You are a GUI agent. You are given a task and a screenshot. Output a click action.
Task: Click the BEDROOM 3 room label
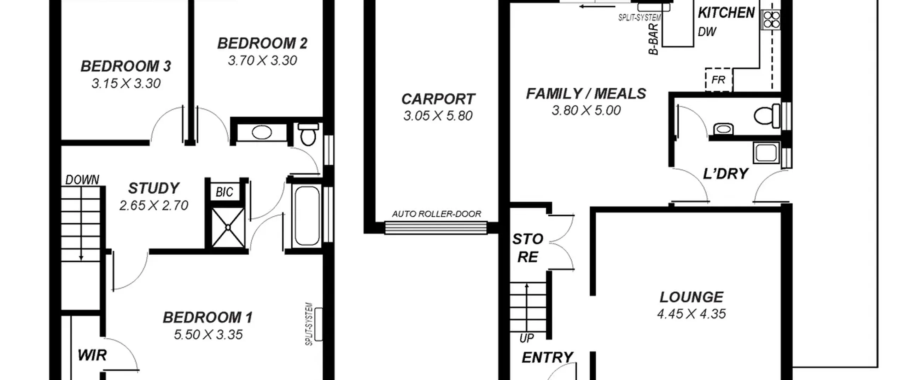(x=126, y=66)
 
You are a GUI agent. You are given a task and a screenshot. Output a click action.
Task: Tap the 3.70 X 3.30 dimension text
(x=262, y=60)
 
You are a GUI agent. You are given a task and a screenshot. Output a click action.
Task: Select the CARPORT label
(x=438, y=99)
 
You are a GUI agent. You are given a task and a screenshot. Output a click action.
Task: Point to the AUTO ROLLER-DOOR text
(x=437, y=214)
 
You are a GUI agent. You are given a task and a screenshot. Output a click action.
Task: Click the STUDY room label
(x=154, y=188)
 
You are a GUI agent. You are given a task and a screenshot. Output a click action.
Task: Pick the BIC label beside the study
(x=224, y=192)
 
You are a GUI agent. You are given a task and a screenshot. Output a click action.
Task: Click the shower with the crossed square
(x=228, y=227)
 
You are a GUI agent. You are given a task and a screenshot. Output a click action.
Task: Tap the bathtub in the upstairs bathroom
(x=307, y=216)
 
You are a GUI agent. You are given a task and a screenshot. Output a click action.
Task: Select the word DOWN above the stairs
(x=82, y=180)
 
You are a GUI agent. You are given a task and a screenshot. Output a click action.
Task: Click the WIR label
(x=92, y=355)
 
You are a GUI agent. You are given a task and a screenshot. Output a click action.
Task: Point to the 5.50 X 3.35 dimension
(x=208, y=334)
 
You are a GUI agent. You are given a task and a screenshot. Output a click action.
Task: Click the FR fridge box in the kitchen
(x=719, y=80)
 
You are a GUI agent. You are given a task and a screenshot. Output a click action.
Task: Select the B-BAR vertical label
(x=654, y=39)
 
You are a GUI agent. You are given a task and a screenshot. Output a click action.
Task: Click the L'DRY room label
(x=725, y=174)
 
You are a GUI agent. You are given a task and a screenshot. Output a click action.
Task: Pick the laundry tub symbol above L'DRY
(x=766, y=153)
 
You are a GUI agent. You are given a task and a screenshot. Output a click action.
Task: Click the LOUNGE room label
(x=691, y=297)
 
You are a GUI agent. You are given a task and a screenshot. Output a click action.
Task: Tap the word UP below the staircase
(x=526, y=338)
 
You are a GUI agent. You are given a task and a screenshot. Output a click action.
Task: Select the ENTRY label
(x=547, y=357)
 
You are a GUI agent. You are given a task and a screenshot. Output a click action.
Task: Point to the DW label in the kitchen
(x=707, y=32)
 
